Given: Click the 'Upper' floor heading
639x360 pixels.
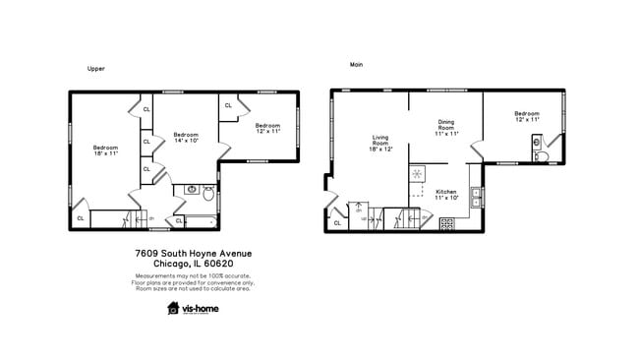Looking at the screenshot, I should click(x=95, y=69).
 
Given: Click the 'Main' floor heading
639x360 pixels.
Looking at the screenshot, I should click(x=356, y=65).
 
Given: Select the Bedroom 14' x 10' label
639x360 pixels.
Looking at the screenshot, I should click(x=186, y=138).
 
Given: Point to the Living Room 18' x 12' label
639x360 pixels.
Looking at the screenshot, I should click(x=380, y=144).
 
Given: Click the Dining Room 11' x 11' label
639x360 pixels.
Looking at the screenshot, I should click(x=446, y=128).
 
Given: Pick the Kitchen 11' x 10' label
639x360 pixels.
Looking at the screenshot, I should click(x=446, y=194).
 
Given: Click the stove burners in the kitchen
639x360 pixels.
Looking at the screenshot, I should click(x=447, y=223).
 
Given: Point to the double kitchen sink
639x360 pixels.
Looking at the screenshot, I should click(x=475, y=197).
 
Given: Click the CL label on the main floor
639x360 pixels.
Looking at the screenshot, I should click(x=337, y=223).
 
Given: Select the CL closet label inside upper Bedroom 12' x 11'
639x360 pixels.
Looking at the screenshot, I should click(x=228, y=105).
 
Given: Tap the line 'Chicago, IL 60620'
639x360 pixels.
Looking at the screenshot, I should click(x=193, y=264).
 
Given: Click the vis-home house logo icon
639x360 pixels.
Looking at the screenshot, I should click(x=173, y=308).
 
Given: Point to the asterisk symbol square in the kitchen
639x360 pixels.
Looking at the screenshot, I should click(x=417, y=173).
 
